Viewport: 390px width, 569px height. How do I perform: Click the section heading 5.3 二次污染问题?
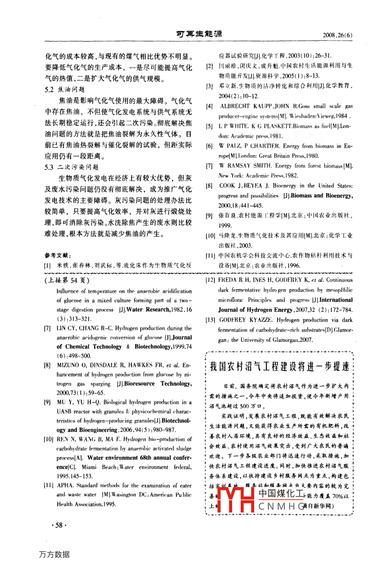coord(72,167)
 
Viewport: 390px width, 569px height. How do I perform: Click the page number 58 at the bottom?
coord(57,525)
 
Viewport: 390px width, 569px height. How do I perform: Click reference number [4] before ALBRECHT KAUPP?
coord(209,106)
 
